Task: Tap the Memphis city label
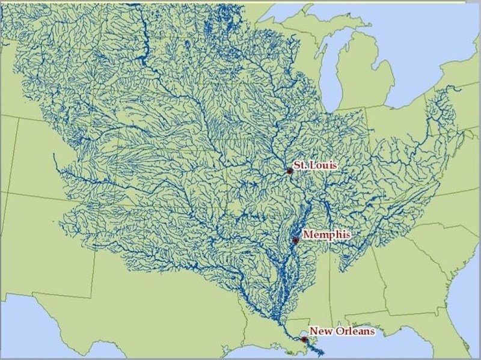pyautogui.click(x=326, y=234)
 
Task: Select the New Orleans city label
pyautogui.click(x=342, y=331)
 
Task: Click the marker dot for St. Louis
pyautogui.click(x=290, y=171)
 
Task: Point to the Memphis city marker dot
pyautogui.click(x=295, y=240)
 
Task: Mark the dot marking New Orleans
pyautogui.click(x=303, y=340)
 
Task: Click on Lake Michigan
pyautogui.click(x=331, y=72)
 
